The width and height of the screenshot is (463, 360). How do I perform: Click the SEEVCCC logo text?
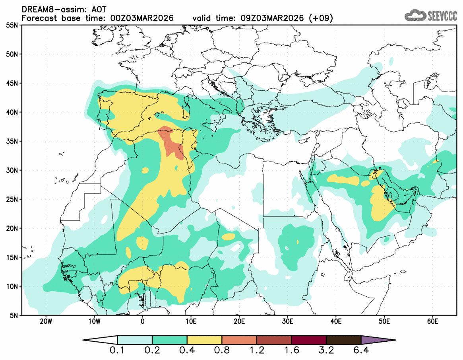click(x=442, y=16)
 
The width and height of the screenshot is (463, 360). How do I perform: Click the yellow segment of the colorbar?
click(x=204, y=340)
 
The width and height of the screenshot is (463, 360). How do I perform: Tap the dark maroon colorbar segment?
click(x=309, y=340)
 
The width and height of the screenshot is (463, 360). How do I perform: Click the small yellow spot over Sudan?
click(x=298, y=242)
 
